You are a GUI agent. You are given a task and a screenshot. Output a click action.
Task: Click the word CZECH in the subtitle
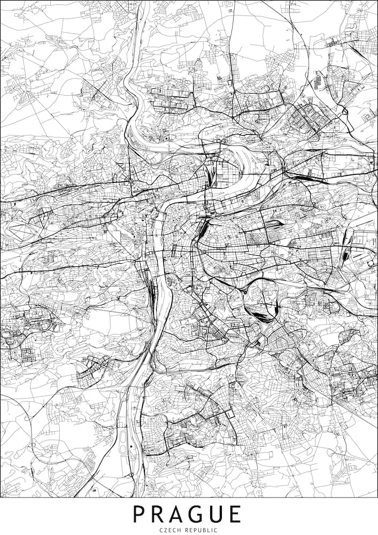click(171, 529)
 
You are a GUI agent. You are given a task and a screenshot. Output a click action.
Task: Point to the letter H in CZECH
click(180, 529)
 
